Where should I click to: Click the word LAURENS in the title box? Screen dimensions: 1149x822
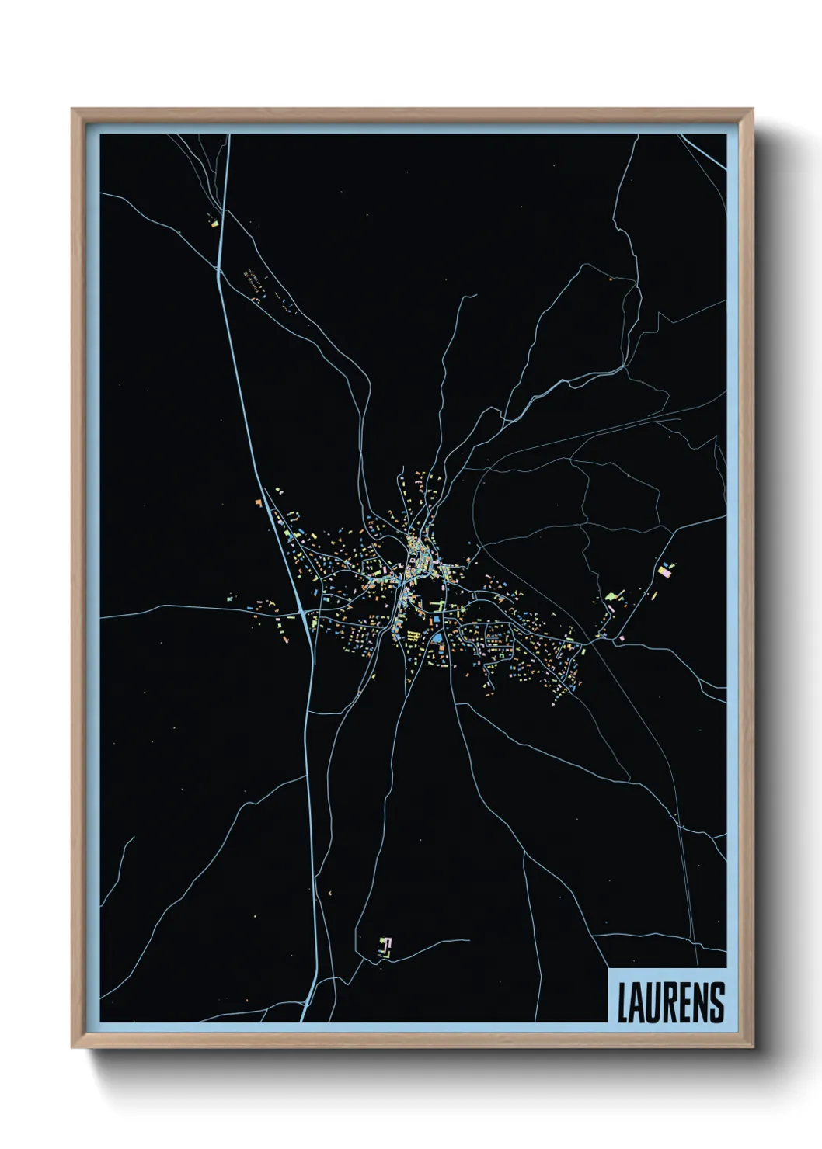point(670,1002)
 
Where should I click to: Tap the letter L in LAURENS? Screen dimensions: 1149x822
point(622,1002)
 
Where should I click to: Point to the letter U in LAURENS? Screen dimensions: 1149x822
point(655,1002)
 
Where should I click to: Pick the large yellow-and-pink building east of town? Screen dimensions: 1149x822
point(665,571)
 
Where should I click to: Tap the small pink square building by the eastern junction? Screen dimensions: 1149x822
point(622,638)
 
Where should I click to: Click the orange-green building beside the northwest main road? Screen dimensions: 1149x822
point(214,224)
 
